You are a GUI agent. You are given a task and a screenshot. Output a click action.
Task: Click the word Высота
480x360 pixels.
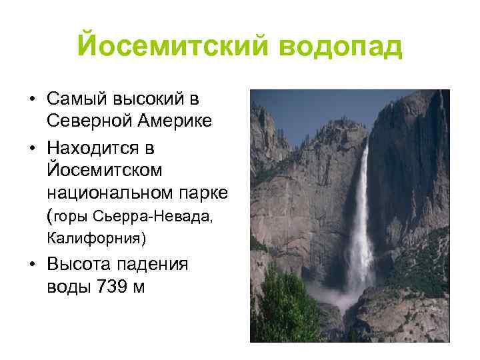[79, 263]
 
